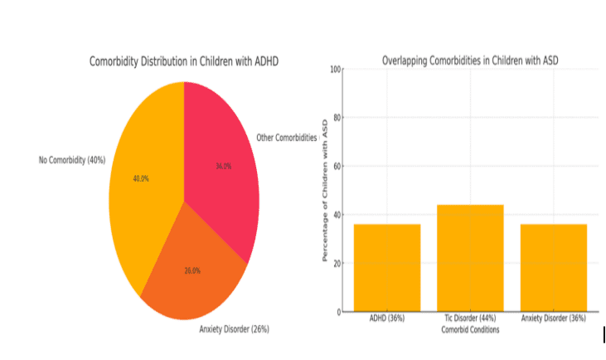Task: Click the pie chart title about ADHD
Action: coord(185,62)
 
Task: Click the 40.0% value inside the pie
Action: coord(142,178)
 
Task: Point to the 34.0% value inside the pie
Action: coord(223,166)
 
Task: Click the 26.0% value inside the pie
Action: coord(191,270)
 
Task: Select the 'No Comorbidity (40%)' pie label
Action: coord(72,159)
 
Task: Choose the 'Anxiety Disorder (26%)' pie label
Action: coord(235,329)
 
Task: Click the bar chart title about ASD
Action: coord(469,61)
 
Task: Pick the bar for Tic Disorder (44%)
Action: coord(470,257)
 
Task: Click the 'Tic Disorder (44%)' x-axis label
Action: coord(470,319)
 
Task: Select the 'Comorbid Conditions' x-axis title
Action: coord(470,330)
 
